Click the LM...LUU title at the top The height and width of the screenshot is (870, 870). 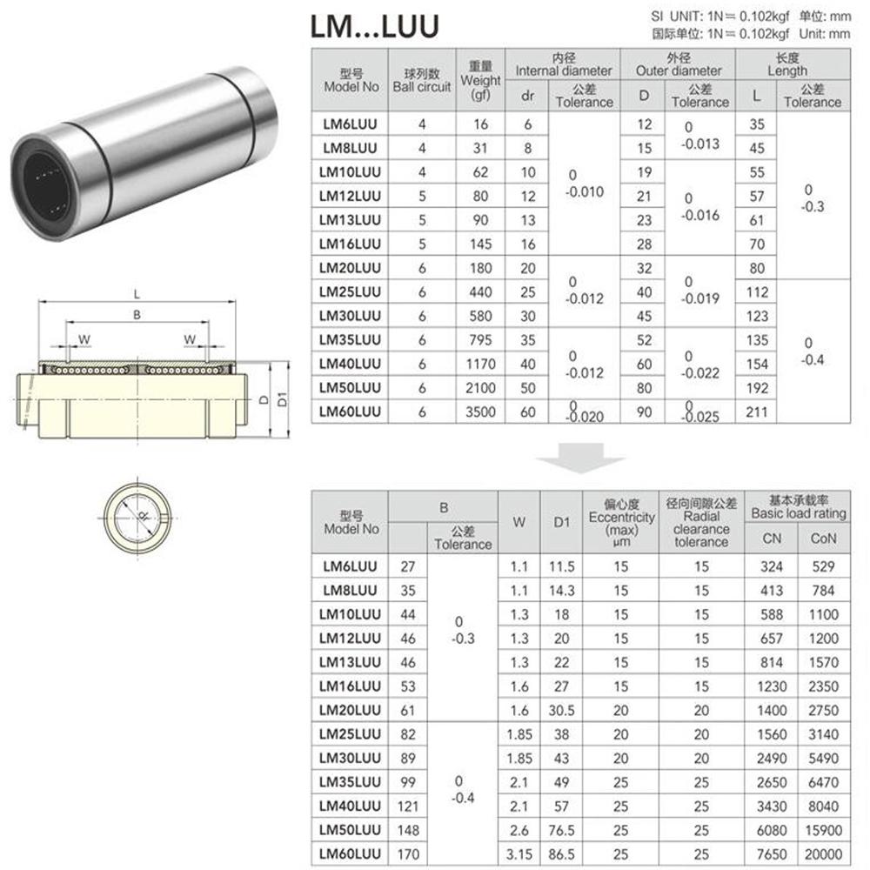pos(375,26)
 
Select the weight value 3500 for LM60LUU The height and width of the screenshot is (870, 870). pos(481,412)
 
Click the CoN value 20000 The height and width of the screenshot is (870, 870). pos(823,855)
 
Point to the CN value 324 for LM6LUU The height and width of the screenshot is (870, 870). pos(772,566)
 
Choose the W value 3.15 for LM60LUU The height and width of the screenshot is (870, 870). pos(519,855)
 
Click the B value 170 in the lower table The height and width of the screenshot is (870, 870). pos(407,855)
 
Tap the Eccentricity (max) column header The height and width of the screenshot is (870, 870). pos(620,523)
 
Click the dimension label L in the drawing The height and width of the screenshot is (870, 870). pos(137,293)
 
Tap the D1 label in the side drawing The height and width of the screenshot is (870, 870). pos(281,400)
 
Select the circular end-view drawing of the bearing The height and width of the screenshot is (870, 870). pos(142,516)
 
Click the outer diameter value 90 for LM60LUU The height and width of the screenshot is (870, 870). pos(644,412)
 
